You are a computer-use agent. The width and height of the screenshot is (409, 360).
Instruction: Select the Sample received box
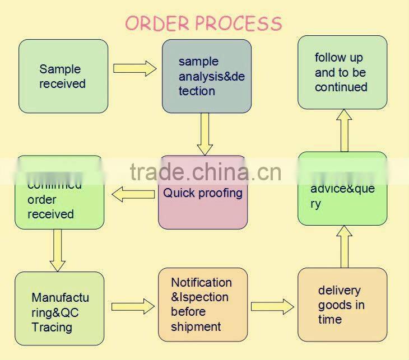pos(63,76)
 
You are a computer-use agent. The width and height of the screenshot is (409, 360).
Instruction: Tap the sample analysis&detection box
pos(207,76)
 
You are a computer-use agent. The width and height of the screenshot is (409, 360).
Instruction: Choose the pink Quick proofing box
pos(203,193)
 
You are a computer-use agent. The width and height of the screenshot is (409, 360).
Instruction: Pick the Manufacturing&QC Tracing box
pos(59,308)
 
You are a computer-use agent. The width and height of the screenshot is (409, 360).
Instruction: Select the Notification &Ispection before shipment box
pos(203,305)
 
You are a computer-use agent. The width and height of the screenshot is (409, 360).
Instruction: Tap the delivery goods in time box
pos(342,305)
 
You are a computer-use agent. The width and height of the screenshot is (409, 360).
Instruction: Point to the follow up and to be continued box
pos(342,72)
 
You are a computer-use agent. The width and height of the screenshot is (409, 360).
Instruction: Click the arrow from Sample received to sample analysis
pos(135,68)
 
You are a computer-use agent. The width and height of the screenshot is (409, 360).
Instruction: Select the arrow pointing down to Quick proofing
pos(205,134)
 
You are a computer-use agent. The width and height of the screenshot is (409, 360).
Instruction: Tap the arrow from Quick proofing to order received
pos(133,194)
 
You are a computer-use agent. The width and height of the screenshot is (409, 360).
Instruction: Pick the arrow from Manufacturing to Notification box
pos(133,306)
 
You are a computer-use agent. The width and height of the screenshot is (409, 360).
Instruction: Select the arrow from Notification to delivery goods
pos(272,306)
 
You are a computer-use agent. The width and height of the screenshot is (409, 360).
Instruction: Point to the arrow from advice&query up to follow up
pos(345,130)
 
